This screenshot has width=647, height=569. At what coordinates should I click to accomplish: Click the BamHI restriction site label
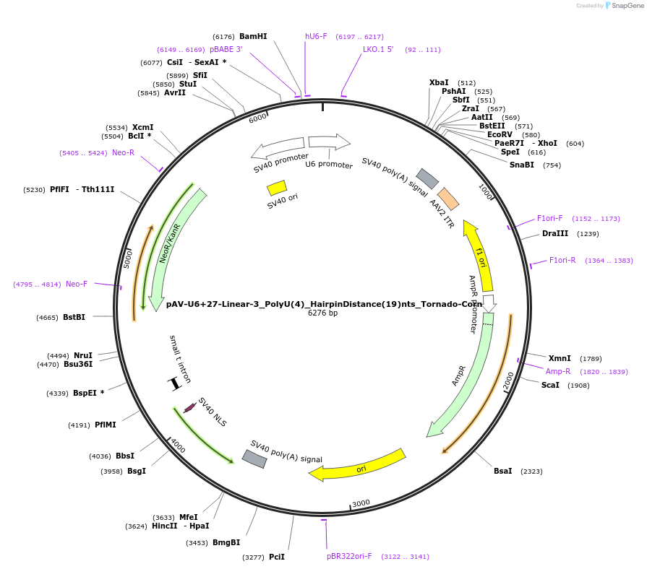(x=253, y=36)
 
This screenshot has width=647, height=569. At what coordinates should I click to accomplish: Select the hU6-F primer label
(x=316, y=36)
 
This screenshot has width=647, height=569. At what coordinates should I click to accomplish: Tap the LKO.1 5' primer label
(x=378, y=50)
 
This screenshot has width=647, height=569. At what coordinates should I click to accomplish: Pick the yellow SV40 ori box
(x=277, y=188)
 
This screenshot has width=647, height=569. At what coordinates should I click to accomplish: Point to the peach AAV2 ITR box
(x=448, y=199)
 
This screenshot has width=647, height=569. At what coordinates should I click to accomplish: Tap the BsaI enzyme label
(x=502, y=471)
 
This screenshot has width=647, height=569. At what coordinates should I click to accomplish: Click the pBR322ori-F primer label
(x=349, y=556)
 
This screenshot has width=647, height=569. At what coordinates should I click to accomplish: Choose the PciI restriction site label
(x=277, y=557)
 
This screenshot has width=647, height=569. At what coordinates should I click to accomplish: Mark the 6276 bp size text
(x=322, y=313)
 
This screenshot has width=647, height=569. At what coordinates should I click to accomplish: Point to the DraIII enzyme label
(x=555, y=233)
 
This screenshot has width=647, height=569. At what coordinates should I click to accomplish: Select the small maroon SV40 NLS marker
(x=189, y=408)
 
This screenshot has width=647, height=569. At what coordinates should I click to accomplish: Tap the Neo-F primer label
(x=77, y=284)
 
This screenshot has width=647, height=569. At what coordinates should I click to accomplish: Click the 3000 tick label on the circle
(x=361, y=503)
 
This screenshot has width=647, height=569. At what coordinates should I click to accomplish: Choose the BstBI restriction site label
(x=74, y=317)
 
